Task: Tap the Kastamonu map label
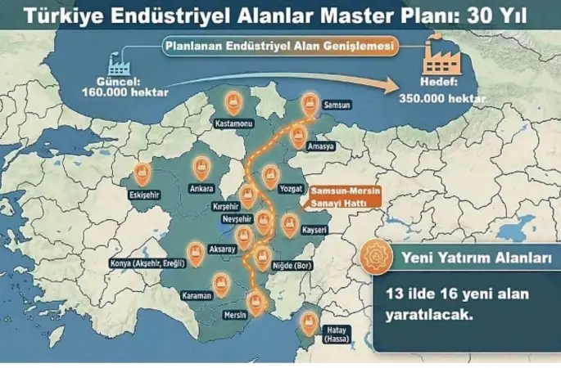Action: tap(232, 123)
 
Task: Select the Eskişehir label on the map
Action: tap(144, 195)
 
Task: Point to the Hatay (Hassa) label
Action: tap(314, 343)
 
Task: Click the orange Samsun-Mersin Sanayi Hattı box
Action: tap(330, 193)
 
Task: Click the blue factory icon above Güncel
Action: tap(120, 62)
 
